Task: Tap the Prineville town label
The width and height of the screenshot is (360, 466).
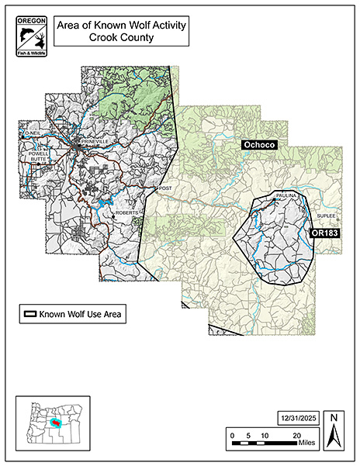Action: point(89,140)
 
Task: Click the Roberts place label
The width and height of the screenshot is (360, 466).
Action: point(126,213)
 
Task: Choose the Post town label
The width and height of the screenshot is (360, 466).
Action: point(163,188)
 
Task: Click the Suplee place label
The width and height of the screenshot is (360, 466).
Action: point(326,216)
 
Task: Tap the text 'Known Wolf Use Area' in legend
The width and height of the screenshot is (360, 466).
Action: point(81,314)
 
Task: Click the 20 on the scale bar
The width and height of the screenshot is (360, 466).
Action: point(297,437)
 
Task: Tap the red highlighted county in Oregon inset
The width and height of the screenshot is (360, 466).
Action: point(54,423)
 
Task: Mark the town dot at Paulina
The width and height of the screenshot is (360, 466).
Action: point(273,201)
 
